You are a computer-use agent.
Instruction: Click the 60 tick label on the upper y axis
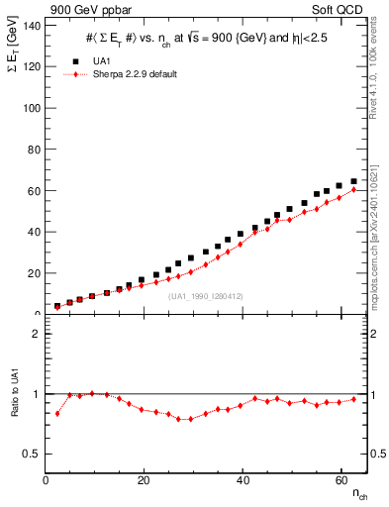coord(35,190)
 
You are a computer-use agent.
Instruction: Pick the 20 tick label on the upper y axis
coord(35,273)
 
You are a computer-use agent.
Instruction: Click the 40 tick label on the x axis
coord(243,480)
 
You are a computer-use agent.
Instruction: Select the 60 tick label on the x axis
coord(340,480)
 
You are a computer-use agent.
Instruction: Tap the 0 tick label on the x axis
coord(47,480)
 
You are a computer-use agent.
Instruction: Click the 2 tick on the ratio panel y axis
coord(38,334)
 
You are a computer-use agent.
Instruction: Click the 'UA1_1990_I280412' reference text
coord(205,296)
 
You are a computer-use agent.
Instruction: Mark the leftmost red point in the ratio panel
coord(57,413)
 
